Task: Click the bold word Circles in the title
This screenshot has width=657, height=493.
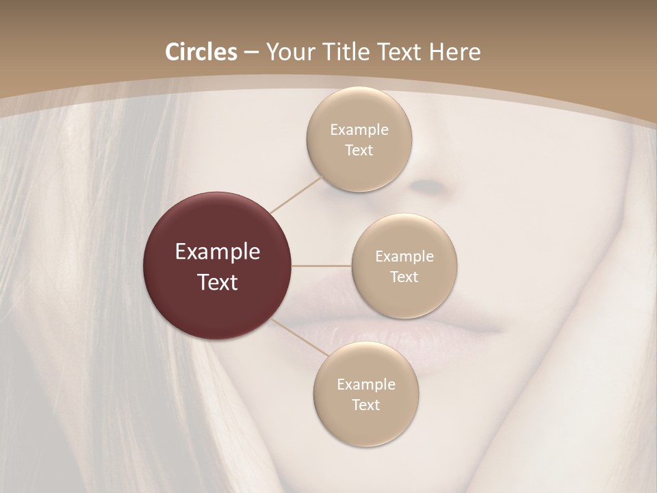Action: [201, 52]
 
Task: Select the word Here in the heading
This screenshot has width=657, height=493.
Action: [454, 52]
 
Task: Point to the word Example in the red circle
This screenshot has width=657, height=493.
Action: [218, 252]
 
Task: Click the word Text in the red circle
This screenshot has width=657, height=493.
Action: [218, 282]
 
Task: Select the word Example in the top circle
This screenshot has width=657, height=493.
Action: [359, 129]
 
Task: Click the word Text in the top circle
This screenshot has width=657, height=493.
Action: [359, 150]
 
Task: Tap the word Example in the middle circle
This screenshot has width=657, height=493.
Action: [404, 256]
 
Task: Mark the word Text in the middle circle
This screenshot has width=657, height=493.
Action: [404, 277]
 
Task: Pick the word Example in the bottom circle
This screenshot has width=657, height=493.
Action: [366, 384]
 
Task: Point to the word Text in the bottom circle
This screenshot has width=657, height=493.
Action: [365, 405]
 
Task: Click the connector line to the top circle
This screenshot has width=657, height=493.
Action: [296, 194]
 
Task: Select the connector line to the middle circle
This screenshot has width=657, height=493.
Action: [322, 266]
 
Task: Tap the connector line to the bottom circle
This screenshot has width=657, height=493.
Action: [300, 338]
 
